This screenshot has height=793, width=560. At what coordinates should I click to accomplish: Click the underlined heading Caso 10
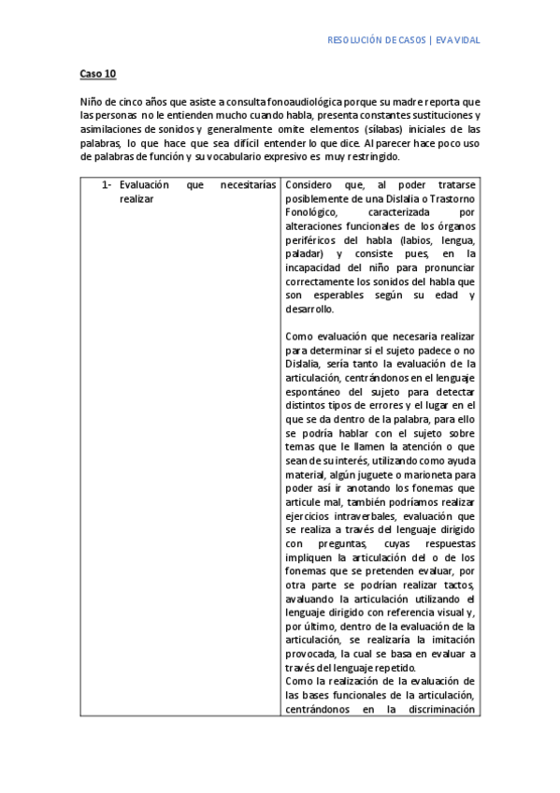96,72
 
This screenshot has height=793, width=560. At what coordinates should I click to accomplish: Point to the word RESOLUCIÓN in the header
357,40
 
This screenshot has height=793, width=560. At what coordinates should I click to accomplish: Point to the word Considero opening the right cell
308,185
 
